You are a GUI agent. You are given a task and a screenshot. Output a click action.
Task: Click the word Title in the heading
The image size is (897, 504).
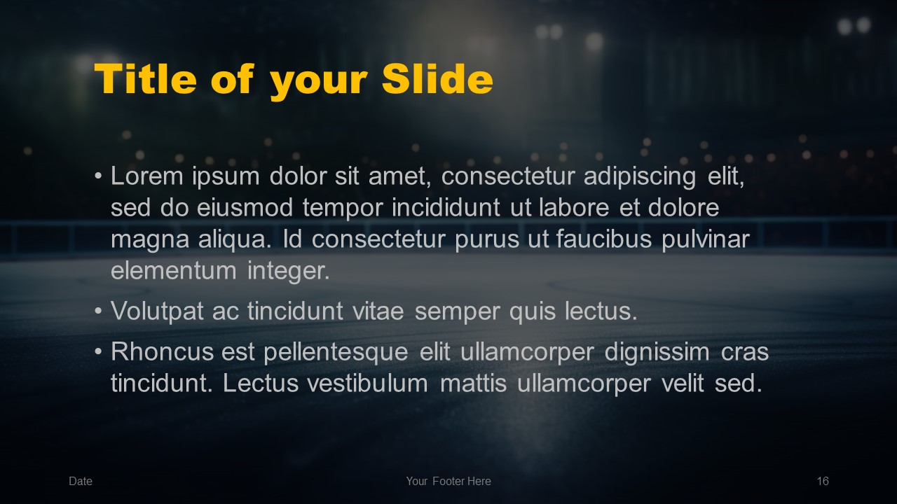145,79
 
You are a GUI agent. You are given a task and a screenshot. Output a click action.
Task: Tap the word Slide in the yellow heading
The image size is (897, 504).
437,79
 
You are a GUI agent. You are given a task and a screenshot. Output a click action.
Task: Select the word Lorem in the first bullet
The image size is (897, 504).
146,176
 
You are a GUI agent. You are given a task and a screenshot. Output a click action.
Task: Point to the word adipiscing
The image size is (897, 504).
640,177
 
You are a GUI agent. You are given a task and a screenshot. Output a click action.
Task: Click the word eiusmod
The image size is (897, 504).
245,208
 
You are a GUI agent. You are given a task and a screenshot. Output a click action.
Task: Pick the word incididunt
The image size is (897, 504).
446,208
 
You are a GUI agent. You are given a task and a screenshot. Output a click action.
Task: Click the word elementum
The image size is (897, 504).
173,271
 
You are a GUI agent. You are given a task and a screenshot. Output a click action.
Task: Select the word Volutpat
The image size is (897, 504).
157,311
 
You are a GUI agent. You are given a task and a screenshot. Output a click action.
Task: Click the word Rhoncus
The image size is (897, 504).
162,352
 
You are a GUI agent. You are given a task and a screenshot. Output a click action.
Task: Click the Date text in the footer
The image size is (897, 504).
81,481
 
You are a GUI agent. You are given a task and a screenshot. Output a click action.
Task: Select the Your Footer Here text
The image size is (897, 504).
448,481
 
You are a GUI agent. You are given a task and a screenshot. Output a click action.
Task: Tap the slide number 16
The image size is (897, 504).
823,481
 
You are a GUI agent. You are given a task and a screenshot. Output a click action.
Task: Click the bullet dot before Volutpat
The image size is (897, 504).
99,311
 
